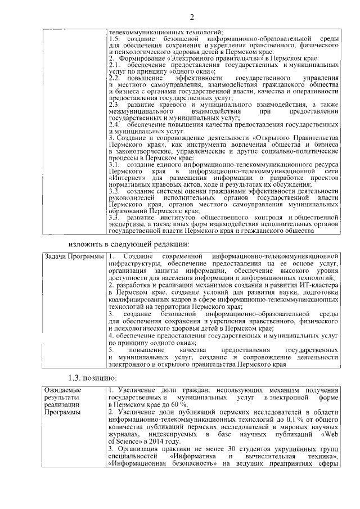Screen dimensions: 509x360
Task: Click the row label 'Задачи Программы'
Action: point(73,257)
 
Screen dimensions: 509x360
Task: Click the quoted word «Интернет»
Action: point(125,178)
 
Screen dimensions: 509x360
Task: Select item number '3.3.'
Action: point(114,217)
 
